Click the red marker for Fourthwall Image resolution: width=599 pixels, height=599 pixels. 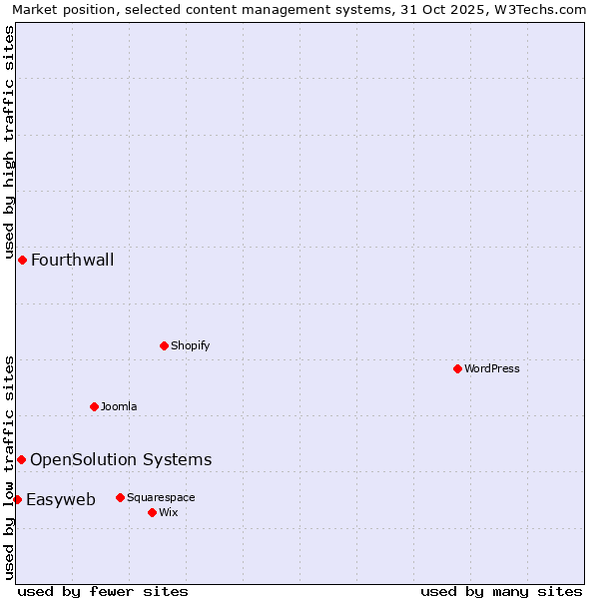tap(22, 260)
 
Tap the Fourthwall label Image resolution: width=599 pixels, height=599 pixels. tap(72, 261)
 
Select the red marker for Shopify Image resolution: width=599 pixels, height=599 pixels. tap(164, 345)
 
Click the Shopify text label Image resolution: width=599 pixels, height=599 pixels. tap(190, 345)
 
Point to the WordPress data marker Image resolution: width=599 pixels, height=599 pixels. tap(457, 368)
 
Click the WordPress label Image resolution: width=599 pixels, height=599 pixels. tap(491, 368)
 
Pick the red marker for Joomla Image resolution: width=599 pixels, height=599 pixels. tap(94, 406)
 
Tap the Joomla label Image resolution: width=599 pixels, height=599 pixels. tap(119, 406)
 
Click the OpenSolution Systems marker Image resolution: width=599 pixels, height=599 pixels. tap(21, 459)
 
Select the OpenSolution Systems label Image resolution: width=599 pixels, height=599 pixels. tap(121, 460)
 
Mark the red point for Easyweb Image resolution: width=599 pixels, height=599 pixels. tap(17, 499)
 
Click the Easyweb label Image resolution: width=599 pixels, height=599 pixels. tap(61, 500)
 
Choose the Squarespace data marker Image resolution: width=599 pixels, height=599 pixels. tap(120, 497)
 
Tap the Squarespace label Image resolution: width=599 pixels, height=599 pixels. tap(161, 497)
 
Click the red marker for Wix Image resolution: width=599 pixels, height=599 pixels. tap(152, 512)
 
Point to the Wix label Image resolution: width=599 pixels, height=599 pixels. tap(168, 512)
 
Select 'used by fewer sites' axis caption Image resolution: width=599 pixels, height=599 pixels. tap(103, 591)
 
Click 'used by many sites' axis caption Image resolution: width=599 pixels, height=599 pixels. tap(501, 591)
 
